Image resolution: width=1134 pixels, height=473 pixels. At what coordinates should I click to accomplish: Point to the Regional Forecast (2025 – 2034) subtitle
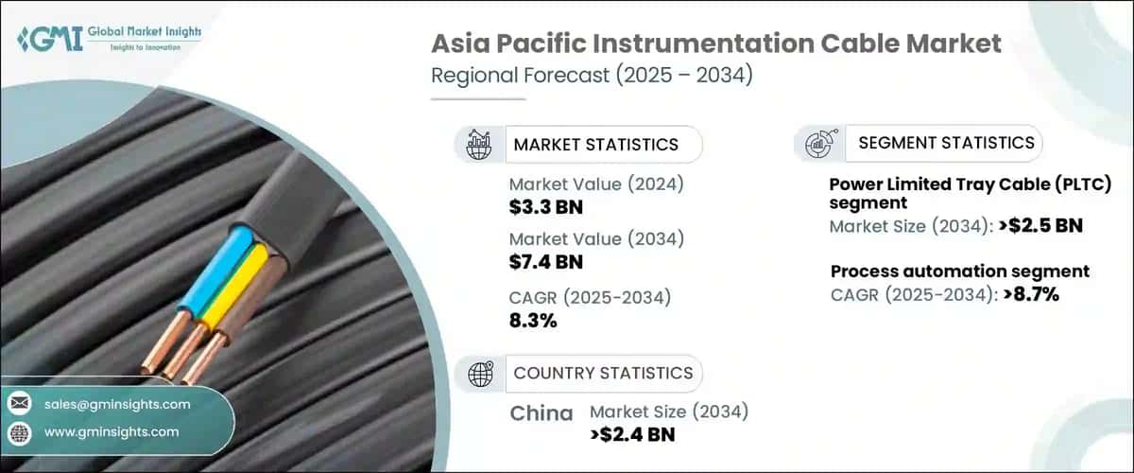coord(593,75)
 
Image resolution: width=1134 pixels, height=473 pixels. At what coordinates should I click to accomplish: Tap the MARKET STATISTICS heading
coord(595,145)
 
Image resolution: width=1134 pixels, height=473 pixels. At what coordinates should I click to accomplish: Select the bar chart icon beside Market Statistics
coord(477,145)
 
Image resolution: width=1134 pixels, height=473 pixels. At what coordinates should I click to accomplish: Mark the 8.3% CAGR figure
coord(533,321)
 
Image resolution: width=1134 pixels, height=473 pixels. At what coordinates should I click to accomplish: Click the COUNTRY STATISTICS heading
coord(603,373)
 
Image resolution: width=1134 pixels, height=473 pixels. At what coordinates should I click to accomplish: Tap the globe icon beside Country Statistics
coord(481,374)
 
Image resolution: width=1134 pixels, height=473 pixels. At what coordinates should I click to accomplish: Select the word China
coord(541,413)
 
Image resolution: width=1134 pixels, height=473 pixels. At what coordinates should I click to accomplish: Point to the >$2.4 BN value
coord(632,434)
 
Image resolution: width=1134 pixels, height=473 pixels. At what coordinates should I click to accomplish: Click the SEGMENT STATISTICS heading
coord(946,143)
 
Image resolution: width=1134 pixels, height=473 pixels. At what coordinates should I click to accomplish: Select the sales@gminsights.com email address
coord(117,404)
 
